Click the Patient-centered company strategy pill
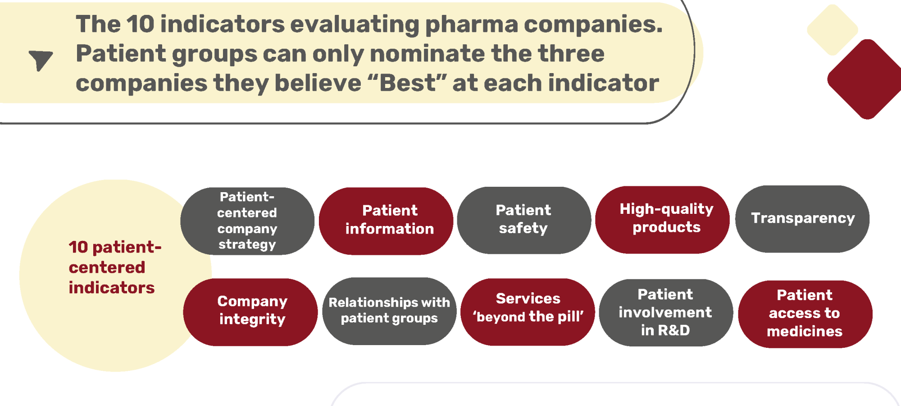point(247,221)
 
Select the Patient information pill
point(386,221)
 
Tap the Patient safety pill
point(524,220)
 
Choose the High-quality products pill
point(662,220)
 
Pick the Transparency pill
point(802,219)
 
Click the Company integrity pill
point(250,312)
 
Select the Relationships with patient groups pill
point(389,311)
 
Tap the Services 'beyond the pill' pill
point(528,312)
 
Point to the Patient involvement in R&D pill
point(666,313)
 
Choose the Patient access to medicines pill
point(805,314)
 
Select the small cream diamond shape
point(833,30)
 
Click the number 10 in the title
point(141,23)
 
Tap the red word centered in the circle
point(107,268)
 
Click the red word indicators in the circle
point(112,288)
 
